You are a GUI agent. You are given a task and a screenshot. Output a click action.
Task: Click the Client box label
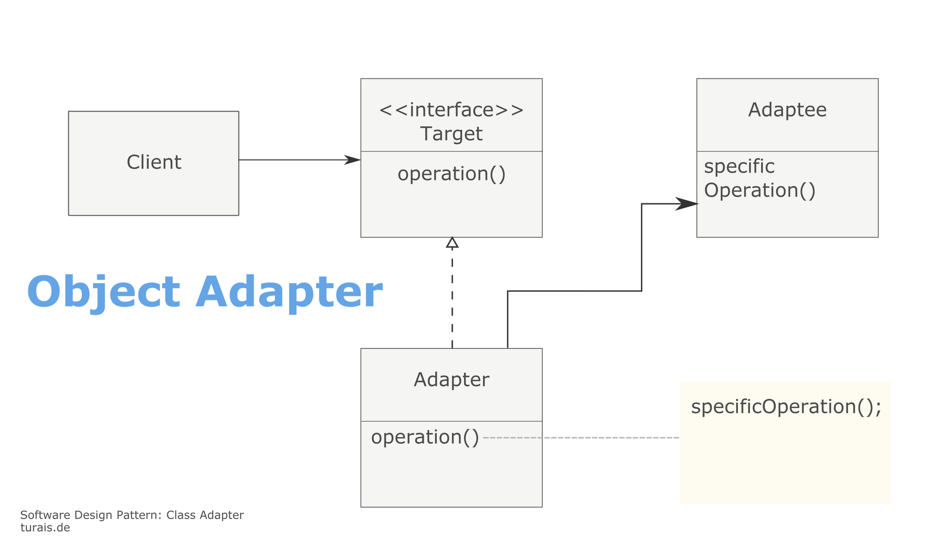pos(154,162)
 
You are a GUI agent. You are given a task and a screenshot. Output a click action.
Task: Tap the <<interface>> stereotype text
pos(452,110)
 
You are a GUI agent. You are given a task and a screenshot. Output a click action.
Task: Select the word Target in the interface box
pos(452,134)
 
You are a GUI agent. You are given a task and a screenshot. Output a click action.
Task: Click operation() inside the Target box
pos(452,174)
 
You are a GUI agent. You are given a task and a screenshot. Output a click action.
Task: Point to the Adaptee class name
pos(788,110)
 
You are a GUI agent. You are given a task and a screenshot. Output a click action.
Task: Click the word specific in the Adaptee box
pos(739,166)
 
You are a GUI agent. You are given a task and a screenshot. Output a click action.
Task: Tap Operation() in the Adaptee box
pos(760,191)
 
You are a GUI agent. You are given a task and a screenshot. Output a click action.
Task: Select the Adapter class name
pos(452,380)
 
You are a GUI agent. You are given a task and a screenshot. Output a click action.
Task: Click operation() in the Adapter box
pos(425,437)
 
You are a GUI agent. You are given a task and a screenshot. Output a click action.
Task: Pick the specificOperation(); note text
pos(786,407)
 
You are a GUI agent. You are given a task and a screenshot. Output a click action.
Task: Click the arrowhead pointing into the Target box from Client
pos(352,160)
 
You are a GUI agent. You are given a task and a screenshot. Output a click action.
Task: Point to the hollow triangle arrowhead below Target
pos(452,243)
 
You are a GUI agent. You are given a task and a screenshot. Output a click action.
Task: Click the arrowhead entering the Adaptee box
pos(687,204)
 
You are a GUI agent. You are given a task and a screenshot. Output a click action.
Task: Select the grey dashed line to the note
pos(581,438)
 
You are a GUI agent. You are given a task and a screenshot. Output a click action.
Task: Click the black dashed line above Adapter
pos(452,298)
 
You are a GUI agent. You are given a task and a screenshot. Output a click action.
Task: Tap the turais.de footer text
pos(45,528)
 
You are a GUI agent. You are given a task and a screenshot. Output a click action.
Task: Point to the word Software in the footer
pos(45,515)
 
